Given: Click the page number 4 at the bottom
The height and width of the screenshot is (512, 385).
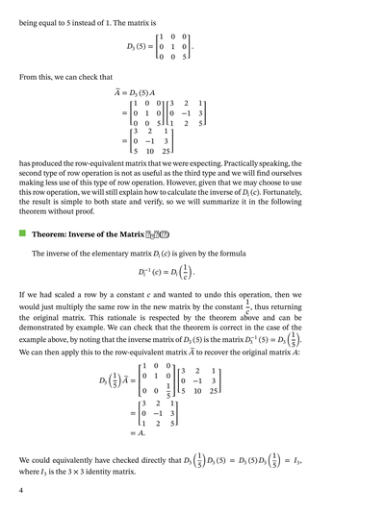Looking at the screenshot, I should [x=20, y=492].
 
